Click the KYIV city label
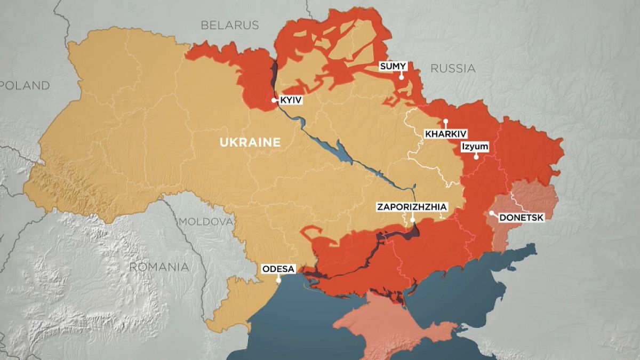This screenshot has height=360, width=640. click(x=291, y=100)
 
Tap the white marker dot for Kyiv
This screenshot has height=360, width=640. click(x=274, y=100)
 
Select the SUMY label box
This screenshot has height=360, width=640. click(x=393, y=66)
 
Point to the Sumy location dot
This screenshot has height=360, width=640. click(x=401, y=77)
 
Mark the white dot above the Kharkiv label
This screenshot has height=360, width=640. click(x=445, y=121)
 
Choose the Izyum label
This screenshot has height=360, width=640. click(x=474, y=145)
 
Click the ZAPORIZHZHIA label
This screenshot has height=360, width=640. click(x=412, y=207)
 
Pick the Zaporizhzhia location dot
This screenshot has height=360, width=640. click(x=412, y=219)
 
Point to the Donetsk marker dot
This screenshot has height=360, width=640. click(x=491, y=213)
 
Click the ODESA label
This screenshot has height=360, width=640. click(x=278, y=269)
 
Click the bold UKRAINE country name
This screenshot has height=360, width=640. click(x=250, y=142)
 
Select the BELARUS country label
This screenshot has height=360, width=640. click(x=229, y=25)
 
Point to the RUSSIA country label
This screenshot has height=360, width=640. click(x=452, y=68)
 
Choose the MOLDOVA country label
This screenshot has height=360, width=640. click(x=206, y=222)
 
